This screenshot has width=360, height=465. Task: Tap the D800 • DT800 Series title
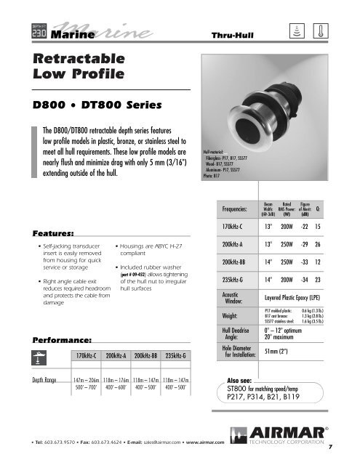click(x=84, y=104)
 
